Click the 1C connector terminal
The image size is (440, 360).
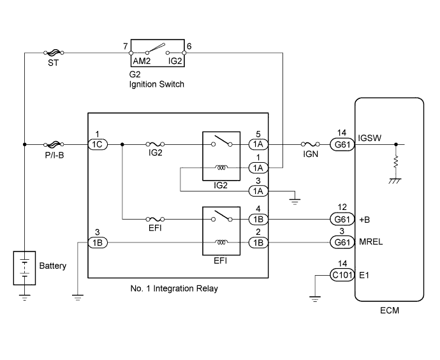coord(98,145)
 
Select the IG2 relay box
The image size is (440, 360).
coord(221,156)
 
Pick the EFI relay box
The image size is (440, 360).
coord(221,230)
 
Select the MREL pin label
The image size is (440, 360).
coord(370,243)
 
